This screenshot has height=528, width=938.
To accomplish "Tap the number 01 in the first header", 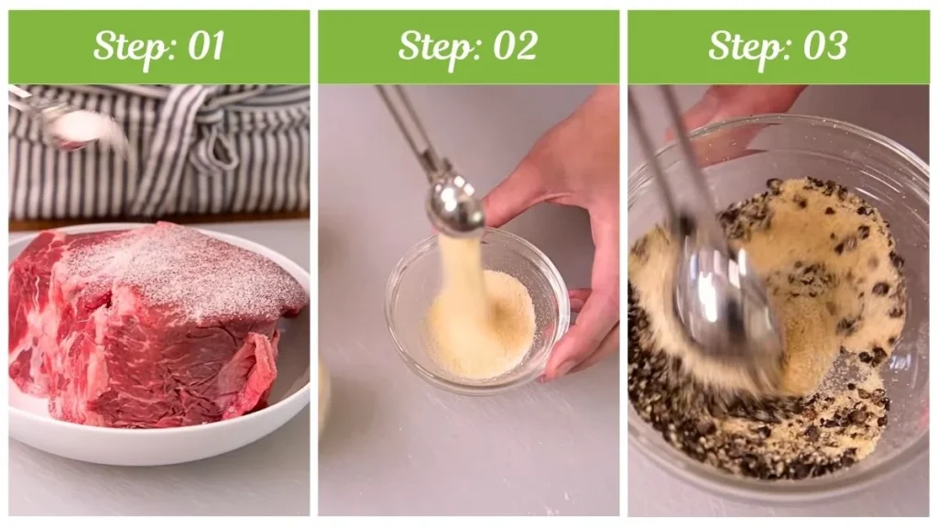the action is (206, 46).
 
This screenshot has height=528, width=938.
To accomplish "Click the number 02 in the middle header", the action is (515, 46).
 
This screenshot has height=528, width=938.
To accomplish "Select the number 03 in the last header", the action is (825, 46).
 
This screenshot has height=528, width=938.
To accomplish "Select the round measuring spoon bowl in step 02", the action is (454, 210).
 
